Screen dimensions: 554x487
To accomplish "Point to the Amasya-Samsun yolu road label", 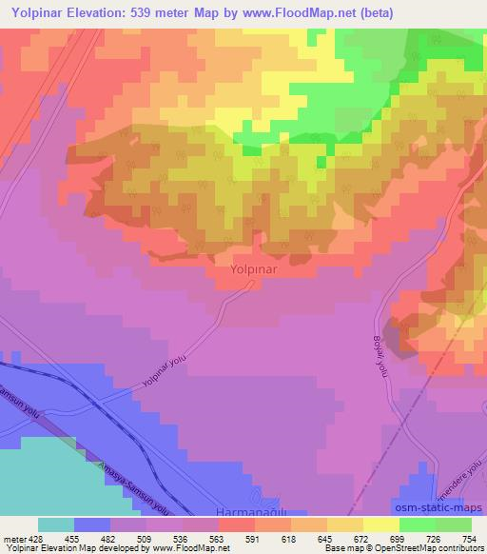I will pyautogui.click(x=132, y=483).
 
